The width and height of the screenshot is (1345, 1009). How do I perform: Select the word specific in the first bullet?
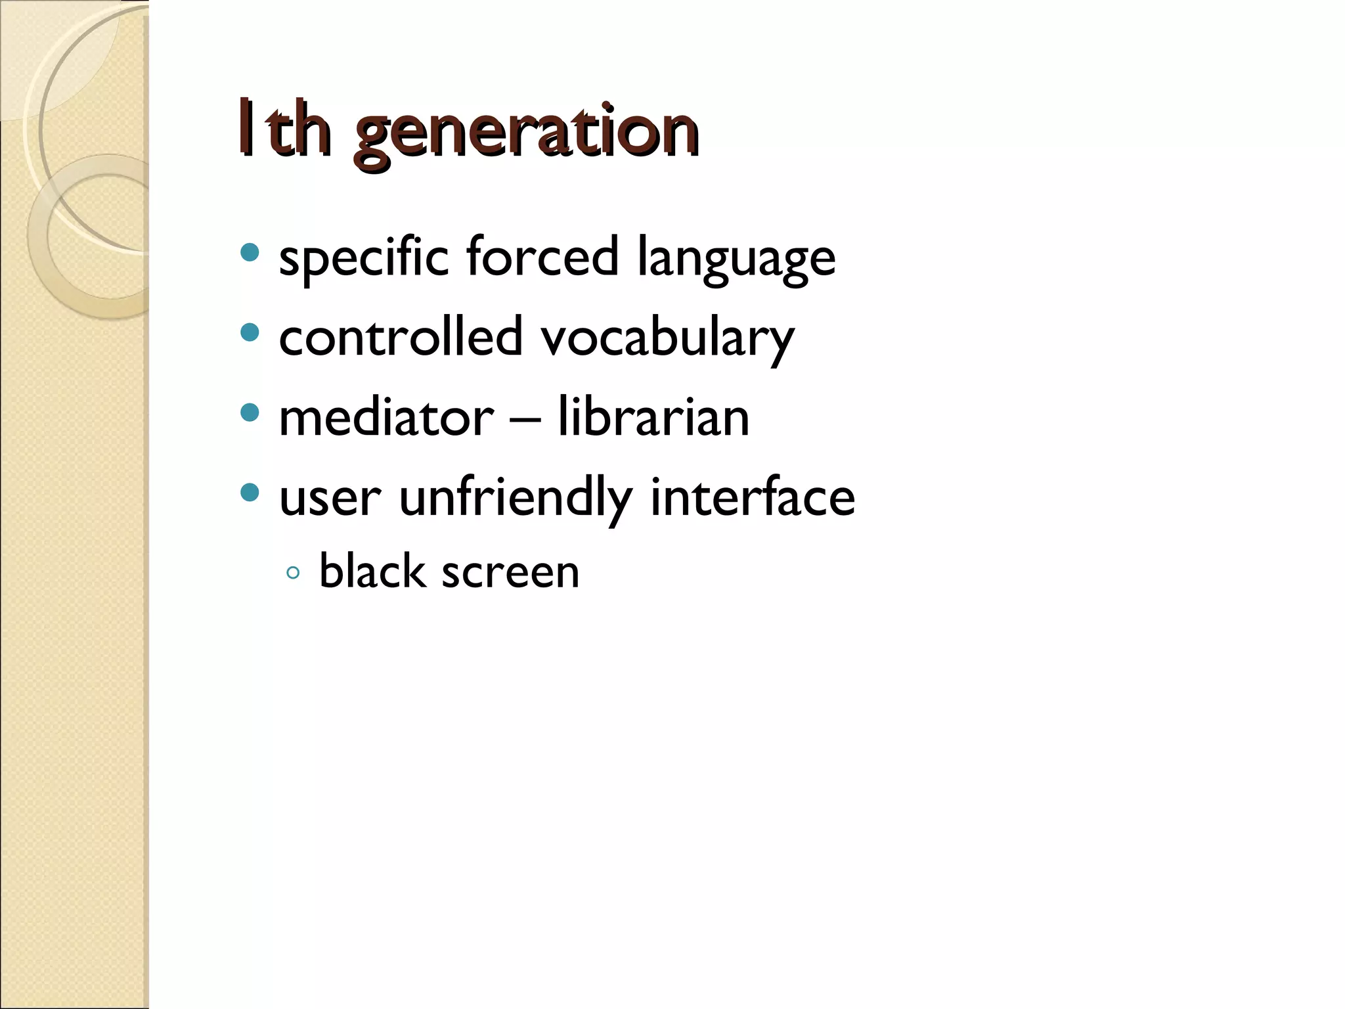[x=364, y=258]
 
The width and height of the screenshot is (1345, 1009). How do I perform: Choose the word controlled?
[x=401, y=337]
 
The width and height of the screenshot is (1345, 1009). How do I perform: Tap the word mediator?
[x=386, y=418]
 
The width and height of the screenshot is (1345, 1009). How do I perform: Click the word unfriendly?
[x=516, y=498]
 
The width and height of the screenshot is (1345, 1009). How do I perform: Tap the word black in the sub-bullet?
[x=372, y=571]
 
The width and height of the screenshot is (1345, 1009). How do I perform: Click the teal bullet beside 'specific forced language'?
[x=250, y=252]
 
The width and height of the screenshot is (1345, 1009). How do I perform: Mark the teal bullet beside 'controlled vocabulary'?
[x=250, y=332]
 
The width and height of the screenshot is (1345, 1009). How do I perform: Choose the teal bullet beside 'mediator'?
[x=250, y=413]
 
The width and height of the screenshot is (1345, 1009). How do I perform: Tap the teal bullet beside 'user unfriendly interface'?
[x=250, y=492]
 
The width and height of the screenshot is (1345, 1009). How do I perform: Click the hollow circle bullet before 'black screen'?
[x=294, y=573]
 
